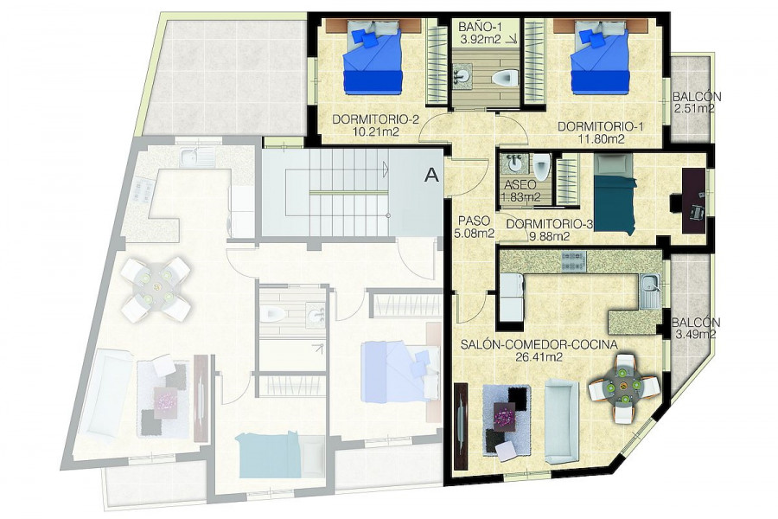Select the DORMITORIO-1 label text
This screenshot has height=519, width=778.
point(601,126)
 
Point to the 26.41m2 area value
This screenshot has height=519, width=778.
point(539,356)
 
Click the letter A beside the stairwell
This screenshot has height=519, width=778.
point(433,175)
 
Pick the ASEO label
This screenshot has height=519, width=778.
point(520,185)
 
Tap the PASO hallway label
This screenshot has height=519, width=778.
point(474,221)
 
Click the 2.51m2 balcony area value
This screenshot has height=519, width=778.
point(694,109)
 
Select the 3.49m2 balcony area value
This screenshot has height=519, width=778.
point(695,334)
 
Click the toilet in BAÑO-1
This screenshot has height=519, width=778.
point(506,77)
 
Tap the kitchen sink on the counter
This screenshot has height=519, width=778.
point(650,290)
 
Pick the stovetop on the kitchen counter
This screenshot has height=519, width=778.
point(574,260)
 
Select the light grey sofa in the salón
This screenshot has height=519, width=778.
point(562,421)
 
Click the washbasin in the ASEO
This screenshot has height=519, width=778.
point(512,163)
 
